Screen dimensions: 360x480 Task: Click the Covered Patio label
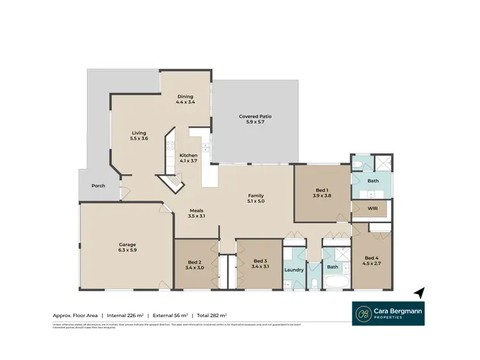(x=255, y=116)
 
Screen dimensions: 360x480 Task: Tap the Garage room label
(x=127, y=244)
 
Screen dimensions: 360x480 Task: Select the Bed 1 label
(x=322, y=189)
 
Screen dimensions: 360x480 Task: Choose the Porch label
(x=98, y=186)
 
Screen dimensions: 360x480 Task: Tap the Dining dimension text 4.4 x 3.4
(x=186, y=102)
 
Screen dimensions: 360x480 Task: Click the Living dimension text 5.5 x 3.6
(x=139, y=138)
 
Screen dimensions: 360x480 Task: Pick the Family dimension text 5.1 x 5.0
(x=256, y=201)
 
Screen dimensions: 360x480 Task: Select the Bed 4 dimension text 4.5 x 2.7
(x=371, y=262)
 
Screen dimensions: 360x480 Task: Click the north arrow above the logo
(x=419, y=292)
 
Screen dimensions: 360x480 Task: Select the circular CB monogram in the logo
(x=364, y=313)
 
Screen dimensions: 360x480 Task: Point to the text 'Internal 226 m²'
(x=125, y=315)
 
